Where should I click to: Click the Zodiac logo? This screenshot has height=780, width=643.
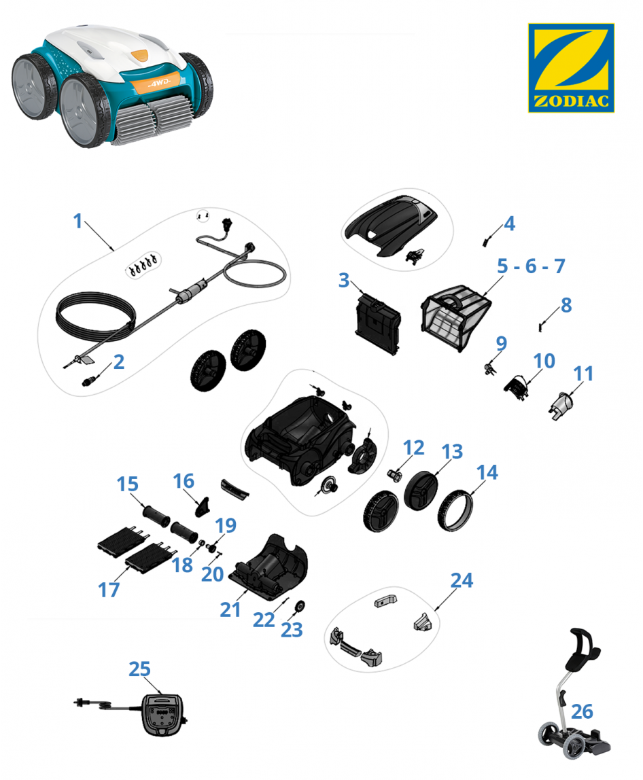571,68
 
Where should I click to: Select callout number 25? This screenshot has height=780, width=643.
139,669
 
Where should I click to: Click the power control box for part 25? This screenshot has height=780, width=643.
162,714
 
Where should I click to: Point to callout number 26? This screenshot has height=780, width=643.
582,711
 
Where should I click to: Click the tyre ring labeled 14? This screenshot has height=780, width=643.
455,510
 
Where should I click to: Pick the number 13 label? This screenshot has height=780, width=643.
452,452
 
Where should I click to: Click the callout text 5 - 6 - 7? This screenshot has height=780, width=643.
531,266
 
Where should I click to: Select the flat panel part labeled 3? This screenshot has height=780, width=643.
378,324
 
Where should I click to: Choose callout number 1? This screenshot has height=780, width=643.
77,221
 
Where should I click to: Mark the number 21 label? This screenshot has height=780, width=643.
230,609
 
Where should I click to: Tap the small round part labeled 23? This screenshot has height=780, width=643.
300,606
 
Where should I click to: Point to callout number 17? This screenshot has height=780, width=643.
109,590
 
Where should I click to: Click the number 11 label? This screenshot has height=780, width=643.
583,374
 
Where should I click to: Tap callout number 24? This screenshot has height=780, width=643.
462,580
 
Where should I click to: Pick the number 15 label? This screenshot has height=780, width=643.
127,484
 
